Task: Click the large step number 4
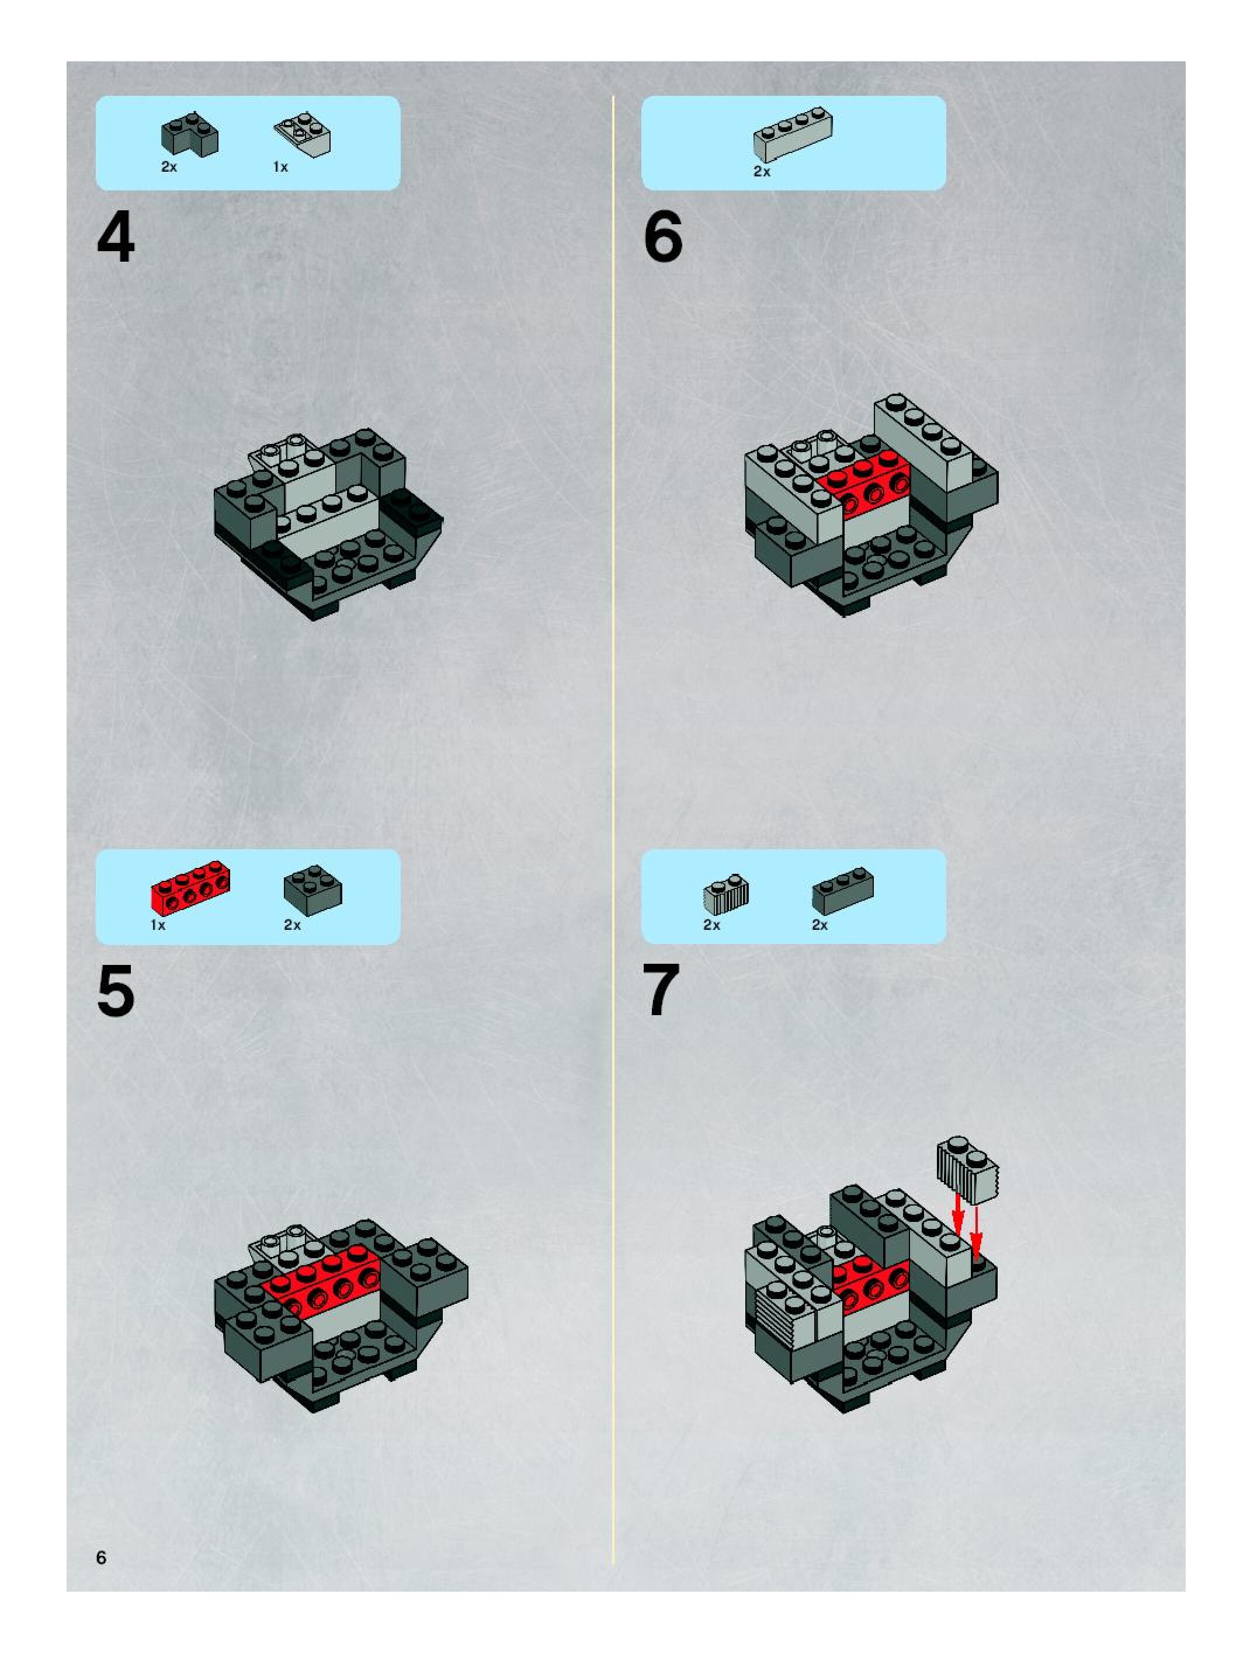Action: [116, 237]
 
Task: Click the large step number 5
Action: [116, 991]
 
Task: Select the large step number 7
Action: [661, 991]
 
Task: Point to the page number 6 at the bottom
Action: [101, 1557]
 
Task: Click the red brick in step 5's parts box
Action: [190, 887]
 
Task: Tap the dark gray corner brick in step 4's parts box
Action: [190, 135]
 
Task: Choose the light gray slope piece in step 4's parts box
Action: [303, 134]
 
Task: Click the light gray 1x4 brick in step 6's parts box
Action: [793, 136]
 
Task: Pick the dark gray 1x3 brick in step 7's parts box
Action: [843, 891]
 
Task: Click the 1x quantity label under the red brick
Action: [158, 925]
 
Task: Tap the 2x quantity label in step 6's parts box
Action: [762, 172]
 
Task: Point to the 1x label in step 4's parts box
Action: [280, 166]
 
